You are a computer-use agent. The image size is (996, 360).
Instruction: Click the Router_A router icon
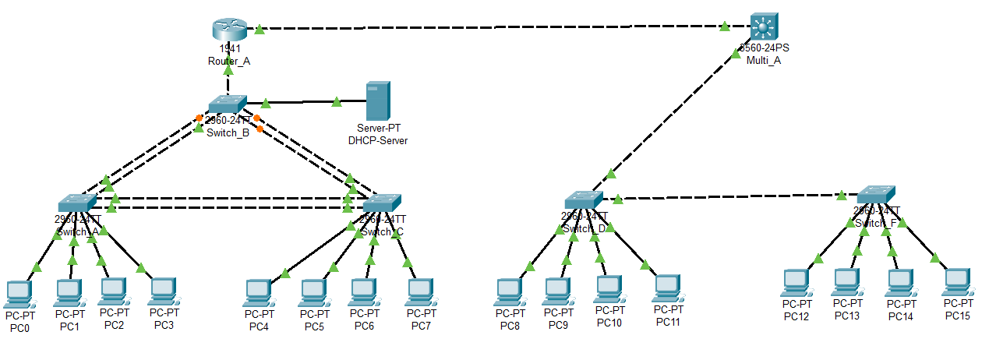coord(228,29)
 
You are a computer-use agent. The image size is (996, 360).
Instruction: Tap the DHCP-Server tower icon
coord(378,101)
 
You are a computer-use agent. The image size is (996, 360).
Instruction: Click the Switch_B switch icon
coord(228,104)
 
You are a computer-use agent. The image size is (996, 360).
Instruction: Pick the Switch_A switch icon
coord(76,202)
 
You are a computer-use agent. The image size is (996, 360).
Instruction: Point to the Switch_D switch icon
coord(585,199)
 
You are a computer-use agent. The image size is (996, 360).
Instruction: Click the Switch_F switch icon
coord(876,195)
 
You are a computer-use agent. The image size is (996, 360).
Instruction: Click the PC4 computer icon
coord(259,293)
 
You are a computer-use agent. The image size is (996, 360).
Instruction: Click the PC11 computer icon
coord(667,288)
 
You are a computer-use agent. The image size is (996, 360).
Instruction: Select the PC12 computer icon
coord(796,283)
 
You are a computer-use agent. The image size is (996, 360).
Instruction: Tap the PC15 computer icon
coord(958,283)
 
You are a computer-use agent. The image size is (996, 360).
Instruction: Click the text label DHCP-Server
coord(378,140)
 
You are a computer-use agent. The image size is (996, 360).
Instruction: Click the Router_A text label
coord(228,61)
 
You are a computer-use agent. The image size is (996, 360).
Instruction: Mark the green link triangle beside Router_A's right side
coord(260,30)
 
